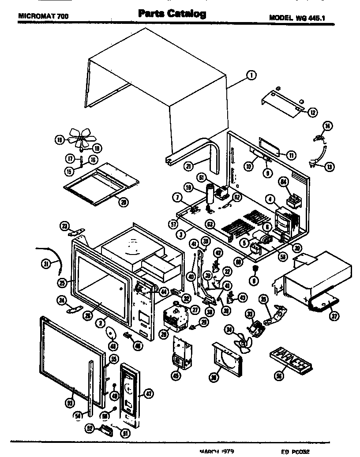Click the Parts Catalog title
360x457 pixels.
click(x=172, y=14)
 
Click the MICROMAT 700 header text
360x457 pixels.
click(x=43, y=17)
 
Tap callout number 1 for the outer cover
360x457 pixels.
click(x=251, y=75)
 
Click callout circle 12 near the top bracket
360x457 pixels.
click(x=312, y=112)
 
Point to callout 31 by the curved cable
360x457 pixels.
click(x=45, y=264)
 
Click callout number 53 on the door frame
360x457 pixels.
click(x=69, y=402)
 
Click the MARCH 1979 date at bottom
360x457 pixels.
click(x=216, y=452)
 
